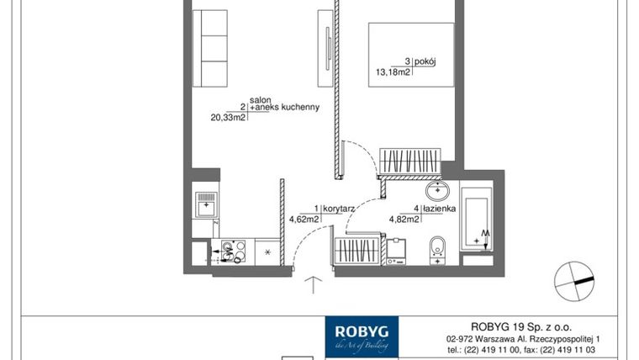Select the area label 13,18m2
393,72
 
